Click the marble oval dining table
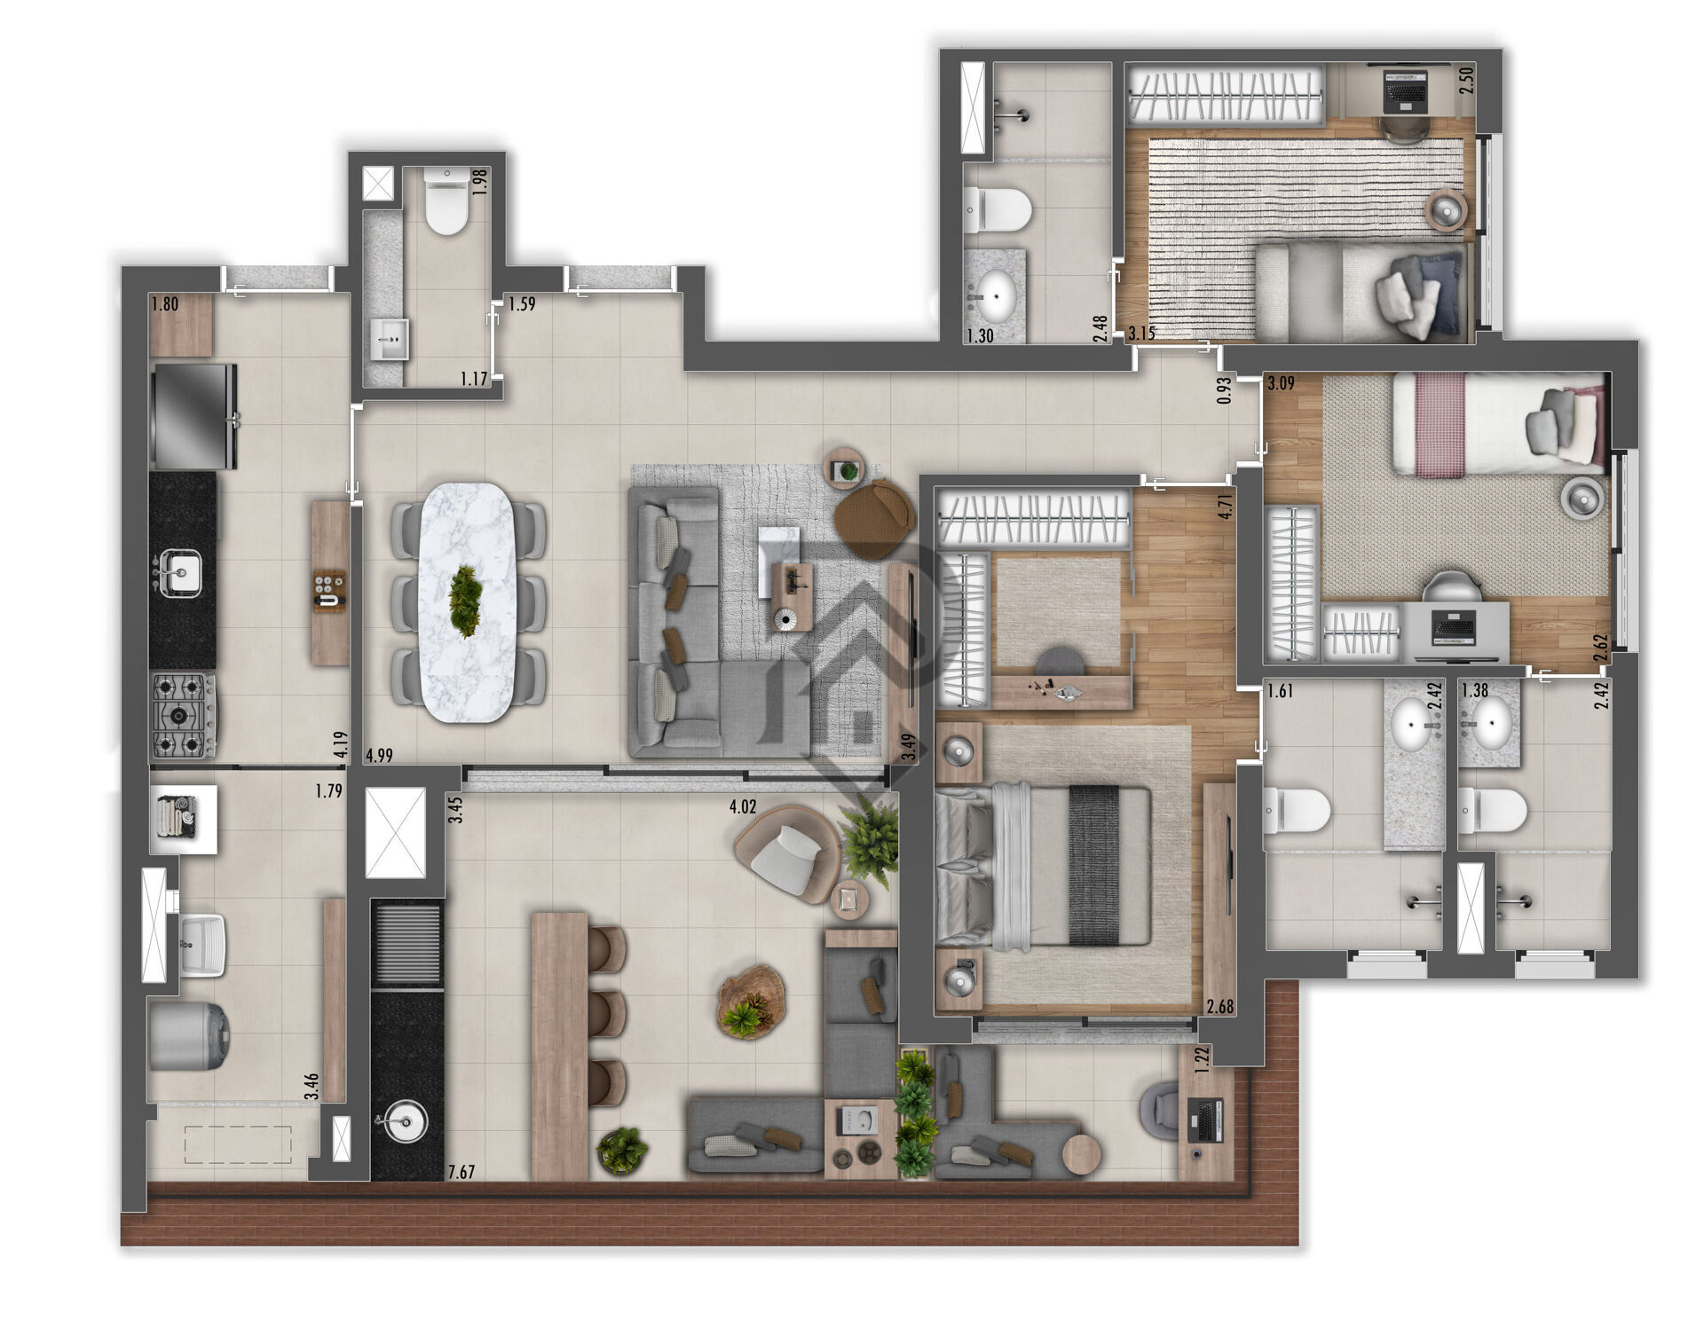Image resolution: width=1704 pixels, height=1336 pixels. point(468,602)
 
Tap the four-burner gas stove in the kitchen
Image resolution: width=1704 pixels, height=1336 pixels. point(183,715)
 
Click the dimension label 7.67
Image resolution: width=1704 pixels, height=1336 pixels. point(461,1172)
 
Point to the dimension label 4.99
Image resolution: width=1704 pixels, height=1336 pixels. point(379,756)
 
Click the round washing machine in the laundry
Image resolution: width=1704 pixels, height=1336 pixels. point(189,1035)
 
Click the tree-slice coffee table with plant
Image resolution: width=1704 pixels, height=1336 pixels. point(751,1001)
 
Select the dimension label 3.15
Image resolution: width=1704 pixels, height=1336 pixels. point(1141,334)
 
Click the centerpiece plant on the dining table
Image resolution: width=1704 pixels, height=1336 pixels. point(466,601)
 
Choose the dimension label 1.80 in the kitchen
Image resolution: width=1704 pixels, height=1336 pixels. point(165,304)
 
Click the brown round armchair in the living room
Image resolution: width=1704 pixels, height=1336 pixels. point(874,517)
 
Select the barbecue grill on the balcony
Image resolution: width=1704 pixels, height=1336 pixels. point(406,943)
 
